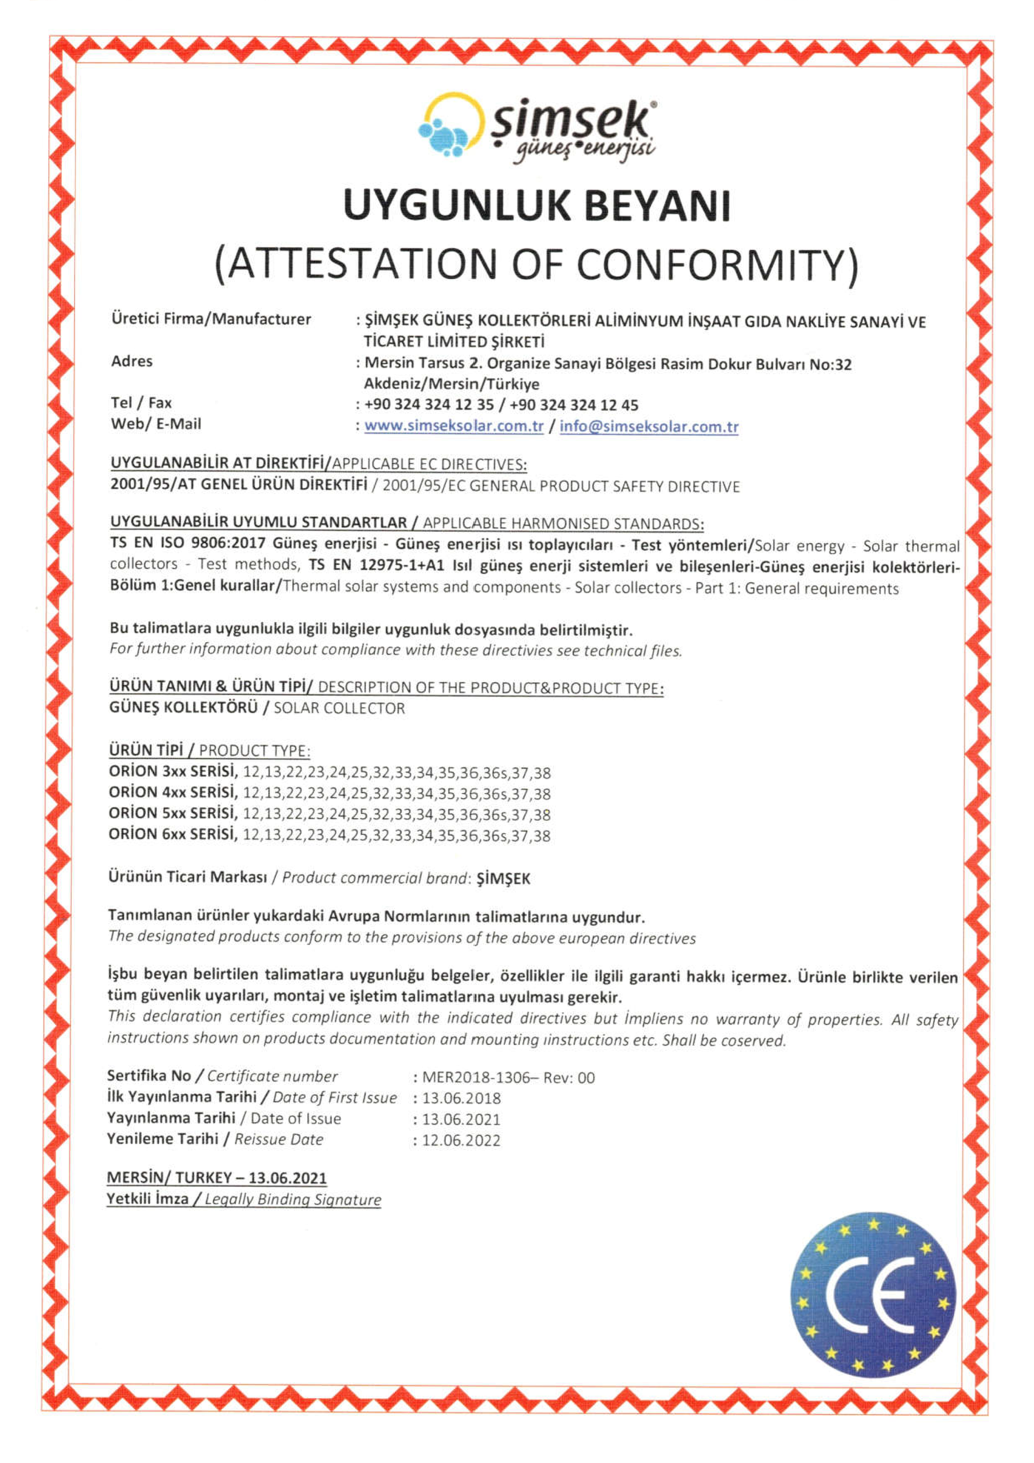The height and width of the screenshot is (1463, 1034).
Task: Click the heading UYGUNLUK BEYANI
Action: coord(536,205)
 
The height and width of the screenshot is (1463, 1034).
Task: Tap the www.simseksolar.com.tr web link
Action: coord(454,426)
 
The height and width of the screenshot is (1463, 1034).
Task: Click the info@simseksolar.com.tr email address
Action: coord(648,426)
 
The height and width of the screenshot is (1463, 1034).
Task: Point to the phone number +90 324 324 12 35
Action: coord(429,405)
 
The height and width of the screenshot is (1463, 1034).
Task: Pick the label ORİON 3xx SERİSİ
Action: coord(173,772)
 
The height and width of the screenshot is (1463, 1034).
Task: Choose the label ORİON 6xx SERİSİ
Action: coord(173,834)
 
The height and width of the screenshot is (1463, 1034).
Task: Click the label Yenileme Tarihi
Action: coord(162,1138)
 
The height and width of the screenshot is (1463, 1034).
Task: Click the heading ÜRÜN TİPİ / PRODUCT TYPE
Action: coord(210,750)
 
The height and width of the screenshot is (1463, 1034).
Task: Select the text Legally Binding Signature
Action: coord(293,1199)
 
